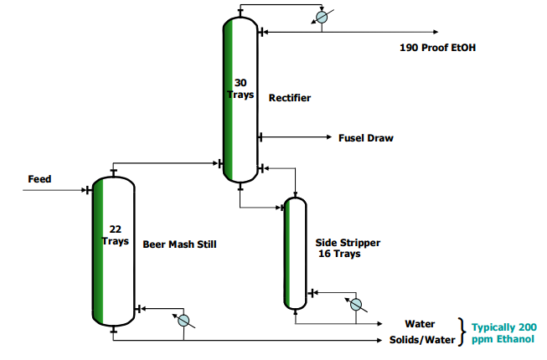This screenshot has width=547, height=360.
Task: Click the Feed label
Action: click(39, 179)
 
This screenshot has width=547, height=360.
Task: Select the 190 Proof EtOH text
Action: click(439, 48)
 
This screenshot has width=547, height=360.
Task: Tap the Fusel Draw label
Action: click(365, 138)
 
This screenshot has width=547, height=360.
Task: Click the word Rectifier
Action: click(290, 98)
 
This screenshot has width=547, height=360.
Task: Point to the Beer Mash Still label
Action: click(179, 244)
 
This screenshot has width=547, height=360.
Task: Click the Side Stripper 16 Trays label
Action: click(347, 248)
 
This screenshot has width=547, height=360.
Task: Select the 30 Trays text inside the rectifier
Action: click(240, 89)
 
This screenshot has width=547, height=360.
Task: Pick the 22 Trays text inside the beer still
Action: click(116, 234)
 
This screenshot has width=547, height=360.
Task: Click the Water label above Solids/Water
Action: click(420, 324)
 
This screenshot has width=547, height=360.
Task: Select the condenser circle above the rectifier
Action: click(321, 18)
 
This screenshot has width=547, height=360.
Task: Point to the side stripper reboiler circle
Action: click(355, 304)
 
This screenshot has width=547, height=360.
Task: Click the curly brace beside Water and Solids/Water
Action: click(461, 332)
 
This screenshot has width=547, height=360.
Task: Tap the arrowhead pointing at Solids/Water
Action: click(379, 341)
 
